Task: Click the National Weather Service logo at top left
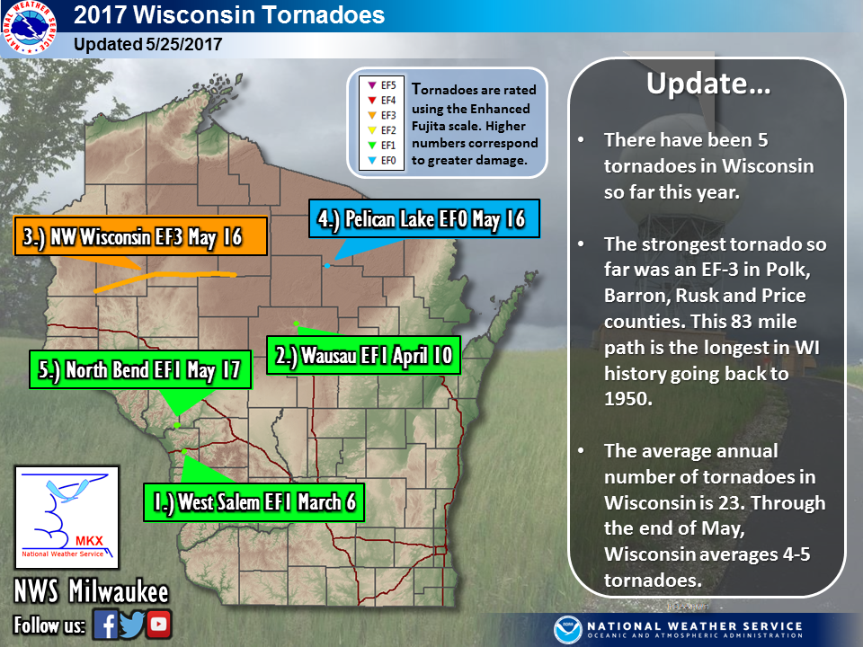pyautogui.click(x=29, y=28)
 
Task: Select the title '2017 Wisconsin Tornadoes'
pyautogui.click(x=229, y=15)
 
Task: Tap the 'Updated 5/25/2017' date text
pyautogui.click(x=147, y=44)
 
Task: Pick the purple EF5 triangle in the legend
pyautogui.click(x=372, y=85)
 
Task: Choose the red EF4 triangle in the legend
pyautogui.click(x=372, y=100)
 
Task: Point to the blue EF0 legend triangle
pyautogui.click(x=372, y=160)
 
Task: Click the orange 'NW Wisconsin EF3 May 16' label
pyautogui.click(x=141, y=236)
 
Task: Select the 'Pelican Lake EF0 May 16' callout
pyautogui.click(x=423, y=218)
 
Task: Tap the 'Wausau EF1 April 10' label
pyautogui.click(x=363, y=355)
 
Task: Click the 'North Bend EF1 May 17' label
pyautogui.click(x=140, y=369)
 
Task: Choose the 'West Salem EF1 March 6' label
pyautogui.click(x=254, y=502)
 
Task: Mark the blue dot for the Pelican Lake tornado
pyautogui.click(x=327, y=266)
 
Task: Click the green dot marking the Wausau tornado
pyautogui.click(x=296, y=323)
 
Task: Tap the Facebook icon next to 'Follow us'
pyautogui.click(x=105, y=625)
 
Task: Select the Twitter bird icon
pyautogui.click(x=132, y=625)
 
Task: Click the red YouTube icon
pyautogui.click(x=159, y=624)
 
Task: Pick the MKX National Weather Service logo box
pyautogui.click(x=67, y=518)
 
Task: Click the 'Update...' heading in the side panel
pyautogui.click(x=708, y=84)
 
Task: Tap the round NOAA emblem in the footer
pyautogui.click(x=567, y=631)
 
